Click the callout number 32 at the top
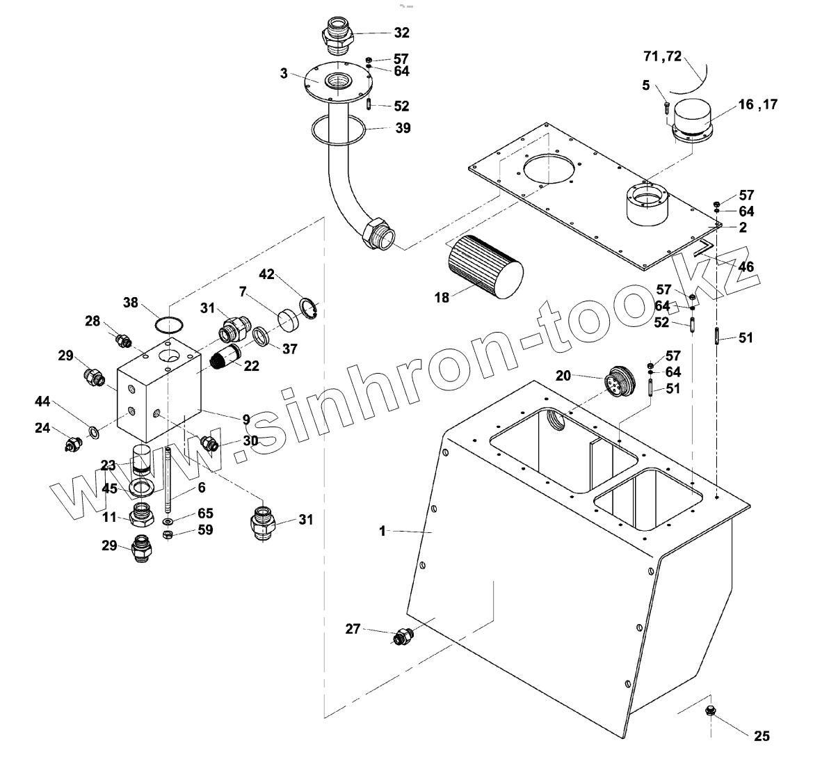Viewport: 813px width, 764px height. coord(402,33)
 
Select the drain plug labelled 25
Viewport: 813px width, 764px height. coord(711,710)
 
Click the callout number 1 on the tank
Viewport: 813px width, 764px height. coord(382,531)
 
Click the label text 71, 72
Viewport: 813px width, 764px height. coord(662,56)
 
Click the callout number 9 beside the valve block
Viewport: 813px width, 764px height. coord(246,419)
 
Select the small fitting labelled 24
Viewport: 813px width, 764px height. coord(70,444)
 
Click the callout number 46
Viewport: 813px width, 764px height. coord(746,266)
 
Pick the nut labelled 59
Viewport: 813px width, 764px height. coord(168,534)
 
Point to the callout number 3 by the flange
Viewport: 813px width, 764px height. coord(284,73)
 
